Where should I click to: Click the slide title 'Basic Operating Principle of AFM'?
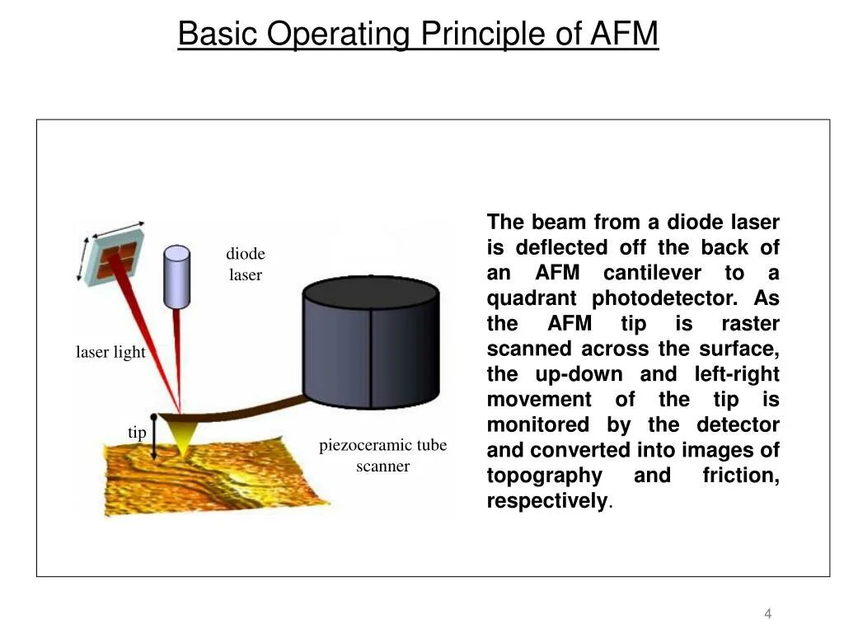coord(418,35)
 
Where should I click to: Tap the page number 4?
coord(767,613)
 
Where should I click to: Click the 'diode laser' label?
coord(246,265)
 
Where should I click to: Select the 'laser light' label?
coord(110,353)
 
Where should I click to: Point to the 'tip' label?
coord(137,433)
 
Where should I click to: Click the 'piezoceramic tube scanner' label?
coord(382,456)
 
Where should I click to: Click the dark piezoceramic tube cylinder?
coord(371,342)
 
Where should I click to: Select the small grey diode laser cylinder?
coord(176,276)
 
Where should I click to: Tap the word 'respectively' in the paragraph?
coord(546,502)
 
